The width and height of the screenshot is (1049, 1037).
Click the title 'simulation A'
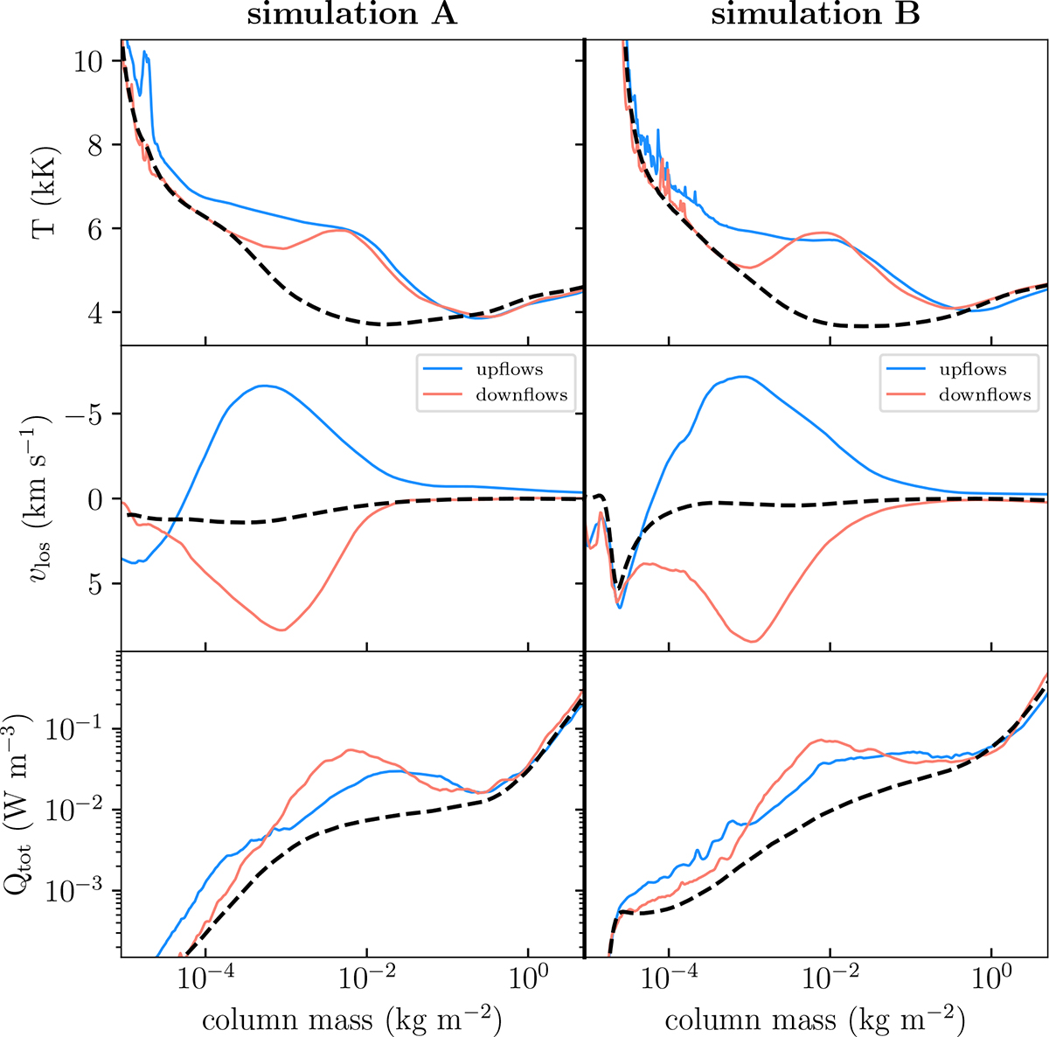352,17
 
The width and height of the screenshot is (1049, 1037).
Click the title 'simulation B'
816,17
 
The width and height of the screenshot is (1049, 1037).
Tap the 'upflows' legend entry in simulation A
508,370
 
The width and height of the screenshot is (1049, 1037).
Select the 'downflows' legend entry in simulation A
521,395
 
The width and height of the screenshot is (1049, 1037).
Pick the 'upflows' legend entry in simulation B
972,370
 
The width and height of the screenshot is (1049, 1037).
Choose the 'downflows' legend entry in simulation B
984,395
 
